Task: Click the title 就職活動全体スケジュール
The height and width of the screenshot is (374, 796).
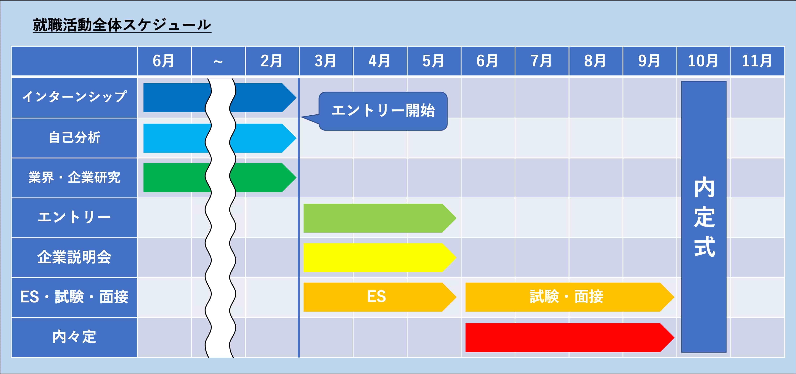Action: click(x=122, y=25)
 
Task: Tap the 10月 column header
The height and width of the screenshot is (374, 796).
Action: click(x=704, y=61)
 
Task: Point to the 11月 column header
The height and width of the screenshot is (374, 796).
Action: click(x=757, y=61)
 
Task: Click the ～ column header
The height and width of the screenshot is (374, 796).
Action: click(x=218, y=61)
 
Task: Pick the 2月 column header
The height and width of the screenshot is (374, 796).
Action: click(x=272, y=61)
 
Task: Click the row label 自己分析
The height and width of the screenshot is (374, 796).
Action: click(x=74, y=138)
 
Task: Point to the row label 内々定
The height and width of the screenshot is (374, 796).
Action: click(x=74, y=337)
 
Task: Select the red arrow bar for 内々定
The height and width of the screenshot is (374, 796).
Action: click(x=569, y=338)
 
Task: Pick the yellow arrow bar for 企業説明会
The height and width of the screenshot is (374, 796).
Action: click(x=380, y=258)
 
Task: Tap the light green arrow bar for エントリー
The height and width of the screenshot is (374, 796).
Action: click(x=380, y=218)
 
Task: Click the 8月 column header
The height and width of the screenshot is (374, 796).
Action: click(x=596, y=61)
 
